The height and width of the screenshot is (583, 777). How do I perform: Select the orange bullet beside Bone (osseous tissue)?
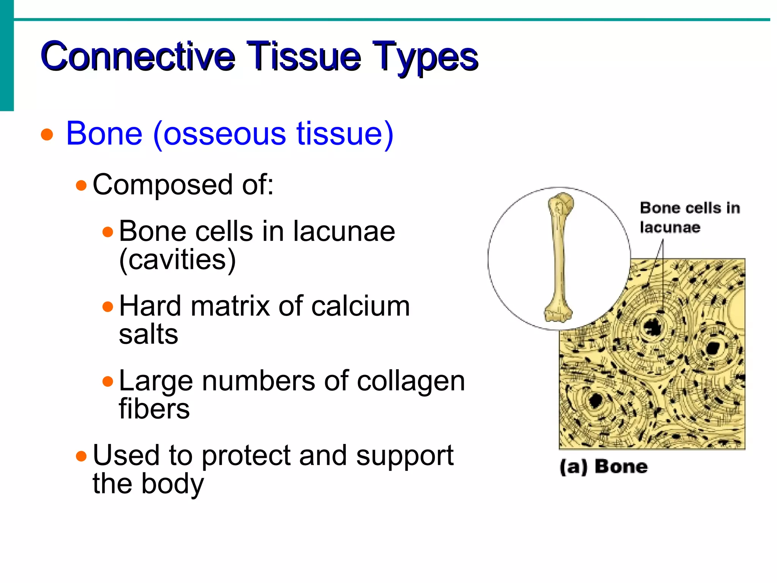(47, 134)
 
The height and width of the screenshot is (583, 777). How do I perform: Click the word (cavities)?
(177, 260)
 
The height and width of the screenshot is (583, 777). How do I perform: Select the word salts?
(148, 334)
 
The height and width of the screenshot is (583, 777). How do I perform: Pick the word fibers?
(154, 409)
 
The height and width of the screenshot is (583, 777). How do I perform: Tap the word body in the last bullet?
(173, 483)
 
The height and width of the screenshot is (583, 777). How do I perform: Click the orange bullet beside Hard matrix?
(108, 306)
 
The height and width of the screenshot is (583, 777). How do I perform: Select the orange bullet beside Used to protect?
(81, 455)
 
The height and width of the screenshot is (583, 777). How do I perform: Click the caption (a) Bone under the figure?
(603, 467)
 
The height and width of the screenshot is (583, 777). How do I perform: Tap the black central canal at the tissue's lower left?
(596, 400)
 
